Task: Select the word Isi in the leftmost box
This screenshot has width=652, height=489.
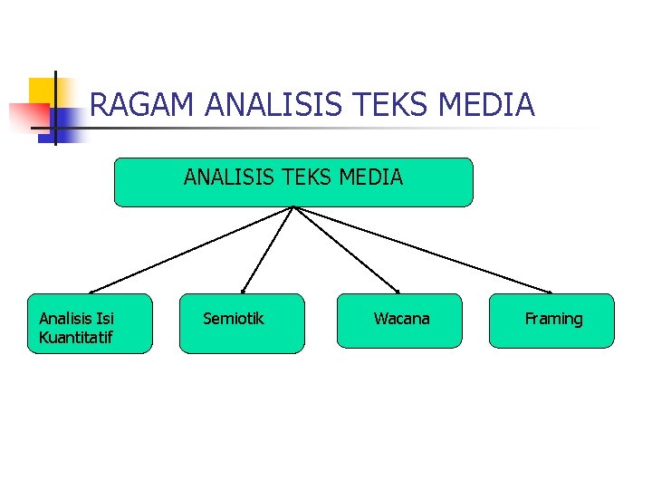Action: click(x=105, y=319)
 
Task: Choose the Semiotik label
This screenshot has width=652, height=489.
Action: click(x=234, y=319)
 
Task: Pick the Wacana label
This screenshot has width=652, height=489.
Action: click(x=402, y=319)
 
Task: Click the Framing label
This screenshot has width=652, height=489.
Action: click(x=554, y=319)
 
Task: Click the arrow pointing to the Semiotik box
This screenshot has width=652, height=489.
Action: click(x=267, y=250)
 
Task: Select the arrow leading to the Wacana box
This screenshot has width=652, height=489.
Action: click(x=346, y=250)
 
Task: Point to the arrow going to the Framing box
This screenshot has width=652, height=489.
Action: click(x=426, y=250)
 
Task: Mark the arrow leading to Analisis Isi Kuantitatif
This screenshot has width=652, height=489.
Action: click(x=190, y=250)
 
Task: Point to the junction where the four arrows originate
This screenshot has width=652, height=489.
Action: click(x=293, y=207)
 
